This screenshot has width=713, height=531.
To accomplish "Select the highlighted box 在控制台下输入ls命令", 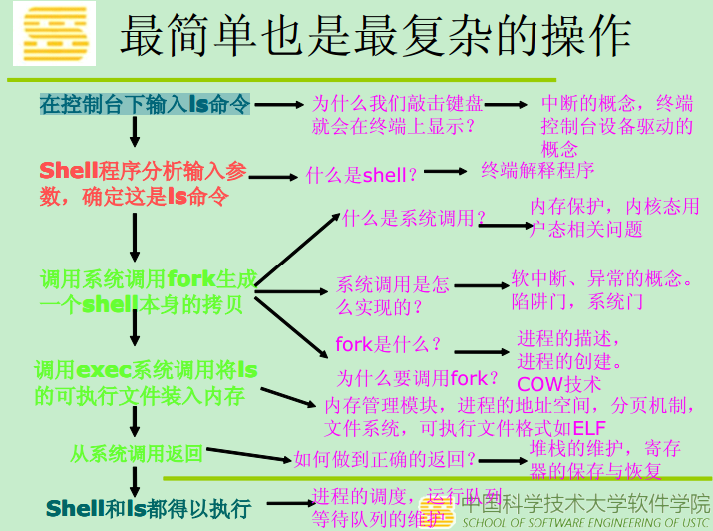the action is pos(145,104).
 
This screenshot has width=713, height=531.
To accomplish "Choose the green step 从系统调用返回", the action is pos(137,454).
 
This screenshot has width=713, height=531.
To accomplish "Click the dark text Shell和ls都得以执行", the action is pos(149,508).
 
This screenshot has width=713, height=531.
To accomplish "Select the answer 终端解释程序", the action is pos(537,169).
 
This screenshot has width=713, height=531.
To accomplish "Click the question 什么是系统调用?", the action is pos(414,218).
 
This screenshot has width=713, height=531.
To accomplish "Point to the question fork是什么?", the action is pos(389,345).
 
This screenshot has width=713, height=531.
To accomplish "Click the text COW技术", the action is pos(558,383).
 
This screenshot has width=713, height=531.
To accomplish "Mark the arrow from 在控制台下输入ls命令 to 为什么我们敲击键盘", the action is pos(278,104).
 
